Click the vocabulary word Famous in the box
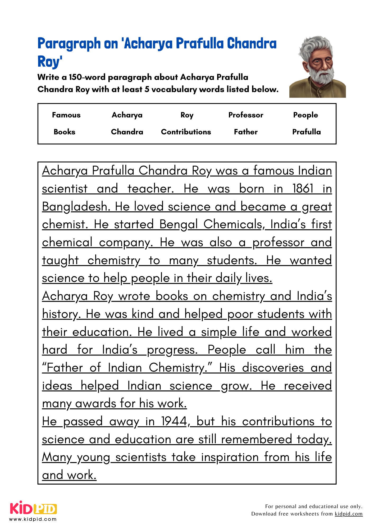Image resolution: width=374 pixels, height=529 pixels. click(x=66, y=115)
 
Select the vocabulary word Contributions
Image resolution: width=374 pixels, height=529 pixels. click(x=186, y=132)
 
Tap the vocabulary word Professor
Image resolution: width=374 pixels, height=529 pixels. click(x=246, y=115)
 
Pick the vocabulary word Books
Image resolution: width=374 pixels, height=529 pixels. click(x=64, y=132)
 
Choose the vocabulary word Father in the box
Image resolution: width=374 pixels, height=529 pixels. click(x=246, y=132)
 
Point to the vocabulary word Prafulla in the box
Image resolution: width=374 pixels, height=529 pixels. click(x=306, y=132)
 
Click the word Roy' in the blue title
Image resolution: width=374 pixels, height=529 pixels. click(x=50, y=62)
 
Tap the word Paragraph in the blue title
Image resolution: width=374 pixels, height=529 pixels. click(x=69, y=44)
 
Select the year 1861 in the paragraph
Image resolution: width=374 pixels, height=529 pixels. click(x=303, y=189)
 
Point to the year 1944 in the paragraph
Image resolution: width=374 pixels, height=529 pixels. click(x=174, y=421)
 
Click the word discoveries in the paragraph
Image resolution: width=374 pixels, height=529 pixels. click(x=273, y=368)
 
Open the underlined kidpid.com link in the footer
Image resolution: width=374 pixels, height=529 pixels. click(x=348, y=514)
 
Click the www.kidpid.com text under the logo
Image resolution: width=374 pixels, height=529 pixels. click(x=33, y=519)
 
